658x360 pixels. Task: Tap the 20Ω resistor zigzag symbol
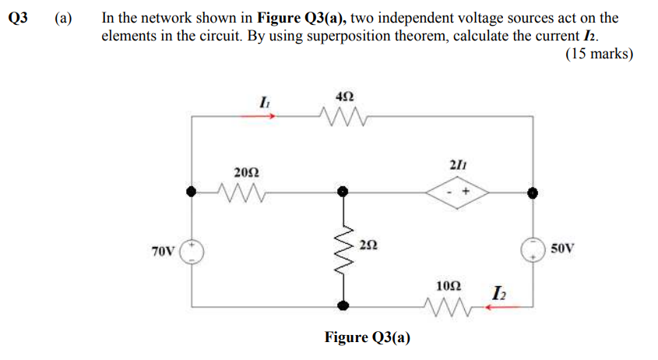pyautogui.click(x=242, y=191)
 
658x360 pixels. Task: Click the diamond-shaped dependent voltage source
pyautogui.click(x=459, y=191)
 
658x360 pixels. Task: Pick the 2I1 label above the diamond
pyautogui.click(x=458, y=162)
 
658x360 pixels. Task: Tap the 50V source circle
pyautogui.click(x=533, y=249)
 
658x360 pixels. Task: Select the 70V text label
pyautogui.click(x=164, y=251)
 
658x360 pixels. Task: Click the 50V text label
pyautogui.click(x=561, y=249)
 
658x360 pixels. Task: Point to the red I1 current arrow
pyautogui.click(x=260, y=116)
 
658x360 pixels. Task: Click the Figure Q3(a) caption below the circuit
pyautogui.click(x=368, y=337)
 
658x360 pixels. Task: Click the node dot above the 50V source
pyautogui.click(x=533, y=191)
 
